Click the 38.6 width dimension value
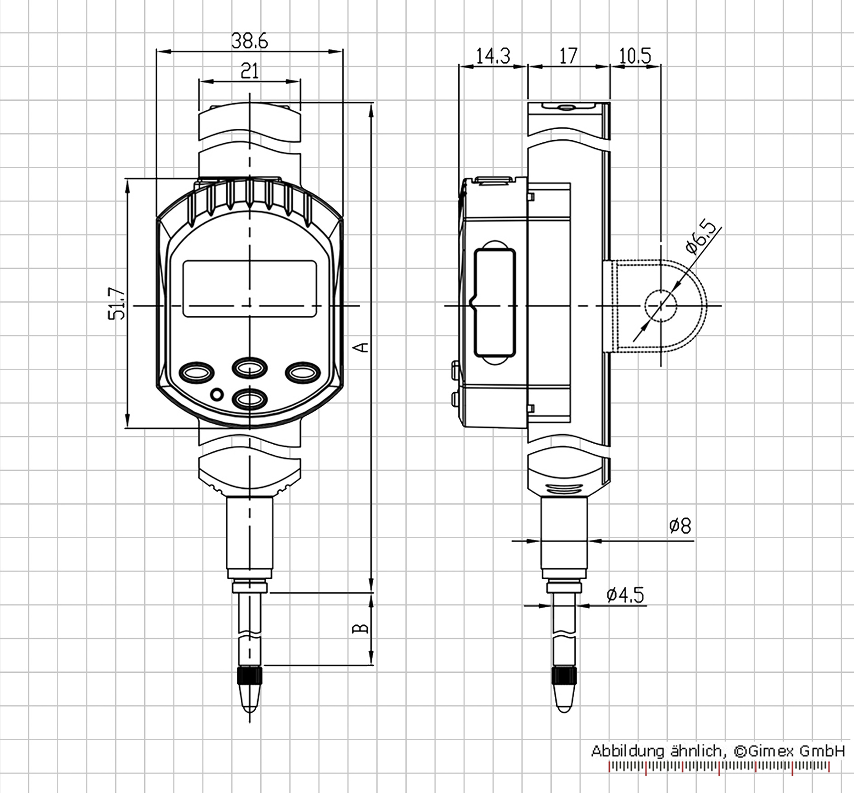pos(249,41)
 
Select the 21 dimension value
pos(250,70)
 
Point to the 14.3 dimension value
pos(493,56)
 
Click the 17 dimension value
pos(568,56)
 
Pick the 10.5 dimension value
pos(635,56)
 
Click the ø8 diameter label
pos(680,526)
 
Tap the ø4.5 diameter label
pos(625,595)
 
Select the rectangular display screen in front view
pos(249,288)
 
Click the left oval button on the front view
pos(197,372)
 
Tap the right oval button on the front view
pos(303,372)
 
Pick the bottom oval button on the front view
pos(249,399)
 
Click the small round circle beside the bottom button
pos(217,394)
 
